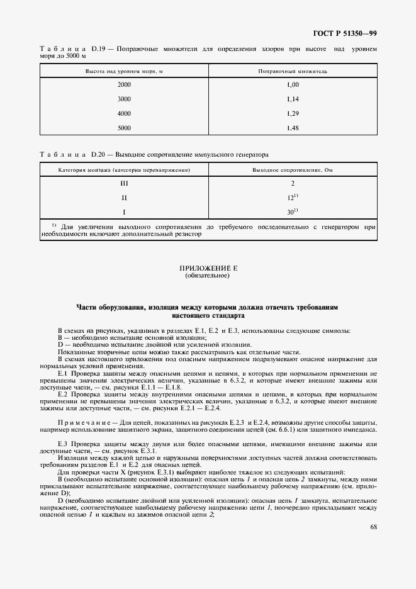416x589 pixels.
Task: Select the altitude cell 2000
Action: (x=124, y=84)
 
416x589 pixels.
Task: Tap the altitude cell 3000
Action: (x=124, y=99)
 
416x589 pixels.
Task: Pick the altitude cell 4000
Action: (x=124, y=113)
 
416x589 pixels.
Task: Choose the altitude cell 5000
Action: (x=124, y=128)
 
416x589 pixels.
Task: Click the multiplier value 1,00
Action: (x=292, y=84)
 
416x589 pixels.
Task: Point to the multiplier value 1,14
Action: (x=292, y=99)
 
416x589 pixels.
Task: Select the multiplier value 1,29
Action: (x=292, y=113)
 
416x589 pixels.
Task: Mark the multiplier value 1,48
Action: (x=292, y=128)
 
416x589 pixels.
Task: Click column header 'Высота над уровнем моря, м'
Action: (x=124, y=71)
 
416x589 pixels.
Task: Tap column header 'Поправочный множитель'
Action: (x=292, y=71)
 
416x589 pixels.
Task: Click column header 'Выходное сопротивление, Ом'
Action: (x=292, y=170)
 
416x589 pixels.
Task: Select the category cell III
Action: (x=124, y=183)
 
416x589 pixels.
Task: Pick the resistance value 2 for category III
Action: (x=292, y=183)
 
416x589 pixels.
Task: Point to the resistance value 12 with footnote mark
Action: (x=292, y=198)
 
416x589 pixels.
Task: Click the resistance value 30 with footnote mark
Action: (x=292, y=212)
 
